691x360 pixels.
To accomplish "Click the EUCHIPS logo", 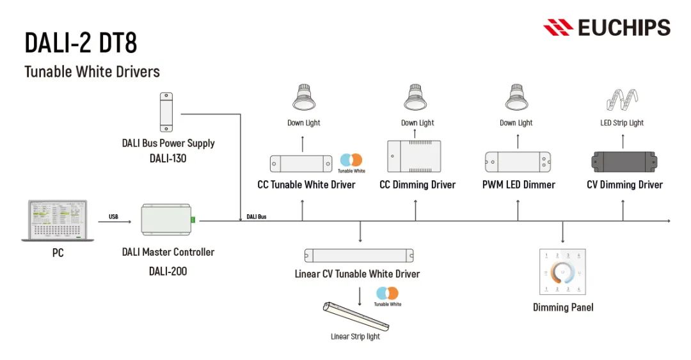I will [x=607, y=27].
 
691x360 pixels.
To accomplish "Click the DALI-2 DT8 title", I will [x=81, y=42].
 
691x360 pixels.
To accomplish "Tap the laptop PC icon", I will [x=58, y=221].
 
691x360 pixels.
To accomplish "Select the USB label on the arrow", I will [x=113, y=217].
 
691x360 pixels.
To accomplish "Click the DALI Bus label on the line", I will [x=257, y=217].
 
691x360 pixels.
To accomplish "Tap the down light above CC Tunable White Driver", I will [x=304, y=98].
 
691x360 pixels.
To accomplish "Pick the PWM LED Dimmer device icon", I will [x=518, y=162].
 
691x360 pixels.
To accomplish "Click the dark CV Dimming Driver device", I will [x=624, y=162].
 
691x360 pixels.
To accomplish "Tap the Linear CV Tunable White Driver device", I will [x=359, y=255].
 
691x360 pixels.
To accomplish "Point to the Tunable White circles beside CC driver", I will [x=351, y=160].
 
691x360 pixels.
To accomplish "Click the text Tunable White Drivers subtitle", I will [x=92, y=72].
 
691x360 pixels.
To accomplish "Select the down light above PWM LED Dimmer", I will [x=516, y=98].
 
